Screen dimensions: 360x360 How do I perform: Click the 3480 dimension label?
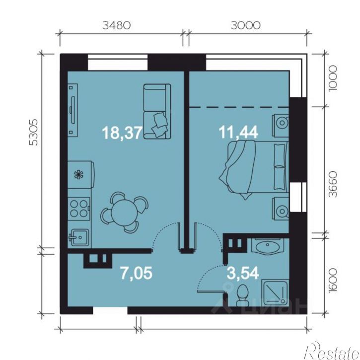(116, 25)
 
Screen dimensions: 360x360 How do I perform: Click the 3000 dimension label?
(245, 25)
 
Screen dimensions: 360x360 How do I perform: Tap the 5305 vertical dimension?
(33, 132)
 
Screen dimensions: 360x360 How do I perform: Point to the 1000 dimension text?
(333, 78)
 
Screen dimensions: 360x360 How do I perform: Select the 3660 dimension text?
(333, 184)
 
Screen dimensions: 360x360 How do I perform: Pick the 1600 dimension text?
(333, 280)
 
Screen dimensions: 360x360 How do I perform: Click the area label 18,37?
(122, 133)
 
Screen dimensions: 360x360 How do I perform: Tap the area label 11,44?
(238, 132)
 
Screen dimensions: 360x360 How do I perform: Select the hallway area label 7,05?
(136, 273)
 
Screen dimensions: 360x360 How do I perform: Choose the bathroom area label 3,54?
(242, 273)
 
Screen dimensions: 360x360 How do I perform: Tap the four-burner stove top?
(79, 209)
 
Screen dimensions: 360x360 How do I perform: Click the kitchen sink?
(79, 237)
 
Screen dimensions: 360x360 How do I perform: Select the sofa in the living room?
(157, 111)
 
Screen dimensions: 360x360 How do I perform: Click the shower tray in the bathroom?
(275, 293)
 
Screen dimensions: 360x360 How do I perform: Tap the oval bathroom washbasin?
(268, 247)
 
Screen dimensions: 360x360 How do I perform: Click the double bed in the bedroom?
(254, 169)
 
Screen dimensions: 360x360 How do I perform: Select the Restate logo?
(332, 351)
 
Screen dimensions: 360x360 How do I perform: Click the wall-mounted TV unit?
(72, 110)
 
